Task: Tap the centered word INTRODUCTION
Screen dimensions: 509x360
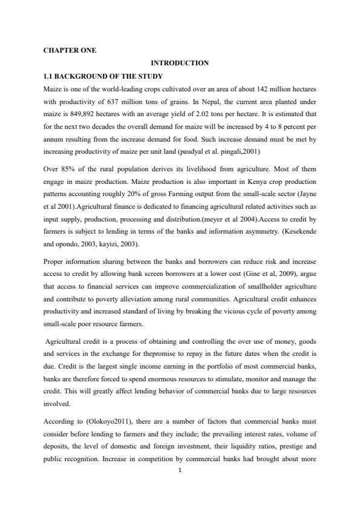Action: [180, 63]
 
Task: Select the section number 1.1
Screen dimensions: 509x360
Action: [48, 76]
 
